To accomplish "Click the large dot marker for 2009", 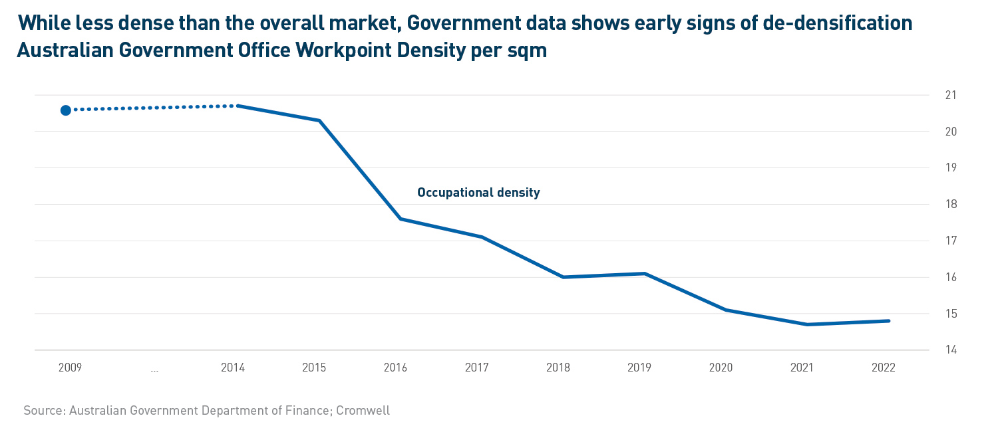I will pos(66,110).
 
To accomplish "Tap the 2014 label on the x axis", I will pos(233,368).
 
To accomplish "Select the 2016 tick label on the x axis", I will pos(396,368).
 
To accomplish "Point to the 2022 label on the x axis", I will pos(884,368).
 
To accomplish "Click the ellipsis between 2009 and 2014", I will pos(154,368).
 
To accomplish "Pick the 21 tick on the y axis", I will pos(951,95).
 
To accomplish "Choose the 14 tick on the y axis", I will pos(951,350).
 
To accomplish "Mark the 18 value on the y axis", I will pos(951,204).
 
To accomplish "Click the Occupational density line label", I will pos(478,193).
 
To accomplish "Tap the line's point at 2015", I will pos(320,120).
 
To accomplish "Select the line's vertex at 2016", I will pos(401,219).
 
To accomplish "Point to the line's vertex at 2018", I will pos(564,277).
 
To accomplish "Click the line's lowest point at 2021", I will pos(807,324).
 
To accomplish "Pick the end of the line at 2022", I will pos(889,321).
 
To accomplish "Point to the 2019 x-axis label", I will pos(640,368).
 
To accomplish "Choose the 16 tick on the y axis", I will pos(951,277).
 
